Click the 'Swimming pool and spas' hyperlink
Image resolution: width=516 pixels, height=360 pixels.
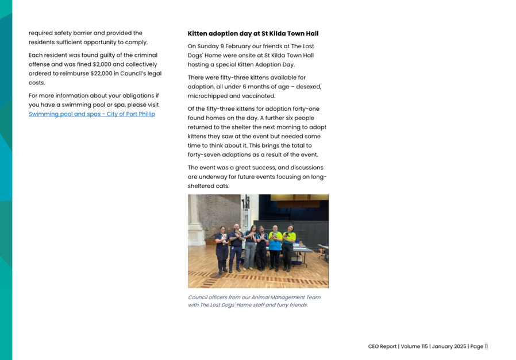[x=91, y=114]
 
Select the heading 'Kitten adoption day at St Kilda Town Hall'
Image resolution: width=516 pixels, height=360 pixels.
[x=253, y=34]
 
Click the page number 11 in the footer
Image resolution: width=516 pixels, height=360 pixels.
[x=486, y=346]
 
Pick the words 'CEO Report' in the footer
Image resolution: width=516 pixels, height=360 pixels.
[x=382, y=346]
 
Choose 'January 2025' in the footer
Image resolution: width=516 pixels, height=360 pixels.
[x=449, y=346]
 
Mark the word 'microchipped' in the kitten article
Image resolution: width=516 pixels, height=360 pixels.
[x=207, y=96]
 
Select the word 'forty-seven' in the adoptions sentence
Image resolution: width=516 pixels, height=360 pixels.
[x=204, y=155]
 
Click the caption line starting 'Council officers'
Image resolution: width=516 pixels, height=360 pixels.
[x=254, y=297]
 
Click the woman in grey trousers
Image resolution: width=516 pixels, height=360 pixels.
[x=251, y=249]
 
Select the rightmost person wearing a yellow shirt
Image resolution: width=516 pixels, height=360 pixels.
[x=287, y=248]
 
